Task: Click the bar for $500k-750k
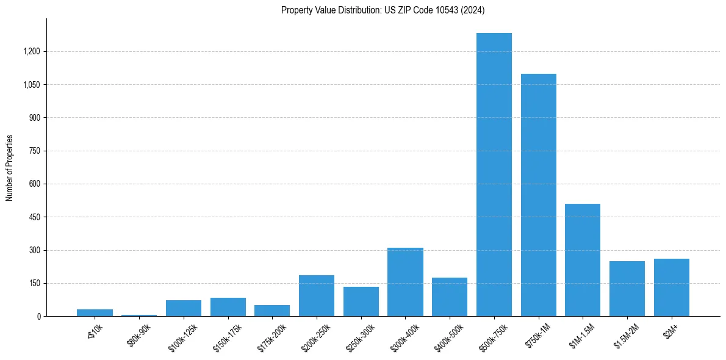tap(494, 175)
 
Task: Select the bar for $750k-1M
tap(539, 195)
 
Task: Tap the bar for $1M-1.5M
tap(583, 260)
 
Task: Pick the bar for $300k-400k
tap(405, 282)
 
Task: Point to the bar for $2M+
tap(672, 287)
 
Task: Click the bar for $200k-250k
tap(317, 296)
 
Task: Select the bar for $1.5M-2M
tap(627, 289)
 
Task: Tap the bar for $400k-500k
tap(450, 297)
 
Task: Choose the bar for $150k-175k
tap(228, 307)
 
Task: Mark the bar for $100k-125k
tap(184, 308)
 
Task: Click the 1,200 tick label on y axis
tap(31, 51)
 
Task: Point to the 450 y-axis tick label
tap(35, 217)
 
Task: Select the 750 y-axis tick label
tap(35, 151)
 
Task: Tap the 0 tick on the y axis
tap(38, 317)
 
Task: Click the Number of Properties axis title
tap(9, 168)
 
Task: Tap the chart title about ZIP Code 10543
tap(383, 10)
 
